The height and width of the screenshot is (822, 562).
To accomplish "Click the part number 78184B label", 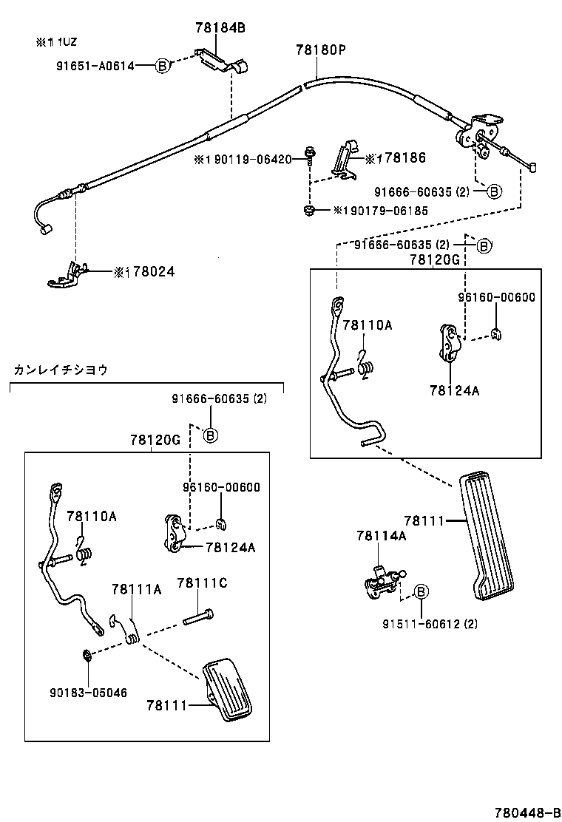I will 220,28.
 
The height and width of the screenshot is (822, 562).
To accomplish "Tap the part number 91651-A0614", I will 95,66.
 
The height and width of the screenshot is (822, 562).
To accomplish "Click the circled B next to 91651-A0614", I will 161,66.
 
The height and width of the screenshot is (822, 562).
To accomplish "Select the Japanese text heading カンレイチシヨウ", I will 61,370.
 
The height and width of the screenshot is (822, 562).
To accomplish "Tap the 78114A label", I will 381,536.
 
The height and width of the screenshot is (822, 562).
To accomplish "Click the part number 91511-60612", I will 430,624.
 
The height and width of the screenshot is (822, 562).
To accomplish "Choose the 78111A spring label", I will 136,588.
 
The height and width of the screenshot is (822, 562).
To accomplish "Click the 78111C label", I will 202,583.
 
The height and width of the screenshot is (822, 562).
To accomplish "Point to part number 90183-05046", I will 88,693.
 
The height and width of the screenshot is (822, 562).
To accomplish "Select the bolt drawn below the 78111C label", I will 198,616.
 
